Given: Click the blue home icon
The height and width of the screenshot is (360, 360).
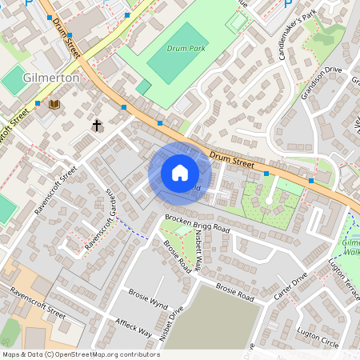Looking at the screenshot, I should [180, 173].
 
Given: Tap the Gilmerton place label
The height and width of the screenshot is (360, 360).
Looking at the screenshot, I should [51, 78].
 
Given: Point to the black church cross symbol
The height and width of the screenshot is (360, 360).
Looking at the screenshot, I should [97, 126].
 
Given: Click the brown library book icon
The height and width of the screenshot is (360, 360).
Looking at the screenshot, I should [54, 104].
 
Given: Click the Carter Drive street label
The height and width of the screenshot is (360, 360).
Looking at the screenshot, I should [289, 290].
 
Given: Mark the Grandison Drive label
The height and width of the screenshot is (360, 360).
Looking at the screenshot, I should [321, 81].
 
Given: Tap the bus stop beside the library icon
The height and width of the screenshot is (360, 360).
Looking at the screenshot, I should [38, 102].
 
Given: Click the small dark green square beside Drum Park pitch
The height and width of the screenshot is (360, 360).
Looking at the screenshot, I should [143, 86].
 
